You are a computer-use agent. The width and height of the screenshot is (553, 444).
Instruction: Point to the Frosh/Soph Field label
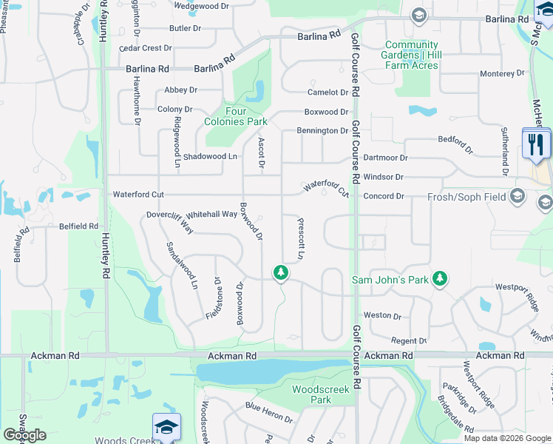(464, 197)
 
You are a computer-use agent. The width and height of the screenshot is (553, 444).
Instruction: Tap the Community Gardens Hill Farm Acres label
(411, 55)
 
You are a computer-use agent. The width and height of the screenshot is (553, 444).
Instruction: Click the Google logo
(24, 435)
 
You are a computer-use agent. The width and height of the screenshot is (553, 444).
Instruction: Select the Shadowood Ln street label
(211, 156)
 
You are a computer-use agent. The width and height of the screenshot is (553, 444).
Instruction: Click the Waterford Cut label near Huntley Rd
(138, 195)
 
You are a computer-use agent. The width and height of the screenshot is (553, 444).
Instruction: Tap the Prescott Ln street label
(301, 238)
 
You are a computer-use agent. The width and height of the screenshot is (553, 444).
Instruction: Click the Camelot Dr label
(328, 92)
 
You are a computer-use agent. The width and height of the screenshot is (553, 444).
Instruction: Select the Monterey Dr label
(502, 74)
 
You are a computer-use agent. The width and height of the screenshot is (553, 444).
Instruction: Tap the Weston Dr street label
(382, 315)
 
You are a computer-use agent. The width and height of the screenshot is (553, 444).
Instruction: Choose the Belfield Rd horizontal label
(79, 226)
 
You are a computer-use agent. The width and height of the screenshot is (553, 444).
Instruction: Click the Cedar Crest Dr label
(146, 48)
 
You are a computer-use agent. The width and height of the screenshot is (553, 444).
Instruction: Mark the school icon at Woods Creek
(167, 427)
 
